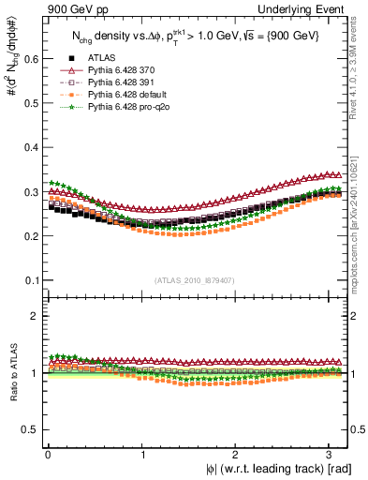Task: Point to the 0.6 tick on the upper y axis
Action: pyautogui.click(x=30, y=58)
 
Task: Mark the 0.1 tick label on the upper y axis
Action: pyautogui.click(x=30, y=280)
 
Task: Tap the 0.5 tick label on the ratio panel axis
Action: pyautogui.click(x=30, y=430)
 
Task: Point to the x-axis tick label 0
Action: pyautogui.click(x=47, y=454)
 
